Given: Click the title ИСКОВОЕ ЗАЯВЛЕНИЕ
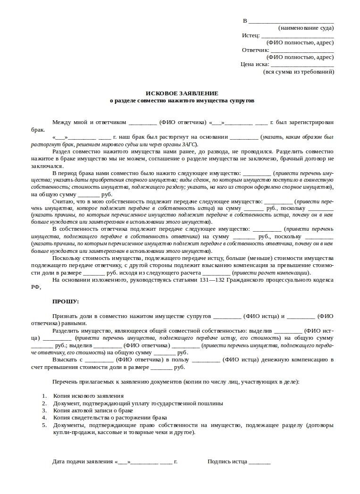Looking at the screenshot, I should [182, 93].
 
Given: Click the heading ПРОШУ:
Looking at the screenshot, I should [66, 301].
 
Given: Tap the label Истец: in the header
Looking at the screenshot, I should [251, 35].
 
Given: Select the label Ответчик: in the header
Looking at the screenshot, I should [255, 50].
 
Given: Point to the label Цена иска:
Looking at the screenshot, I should [254, 64].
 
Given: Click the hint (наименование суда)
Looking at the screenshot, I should [306, 28].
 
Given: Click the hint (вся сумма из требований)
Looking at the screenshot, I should [298, 72].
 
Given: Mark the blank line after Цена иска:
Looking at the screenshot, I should [302, 65].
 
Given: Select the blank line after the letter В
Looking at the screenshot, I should [291, 21].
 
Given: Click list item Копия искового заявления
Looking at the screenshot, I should [88, 396].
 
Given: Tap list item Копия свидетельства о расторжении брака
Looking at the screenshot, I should [110, 418].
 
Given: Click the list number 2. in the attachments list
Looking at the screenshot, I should [44, 403].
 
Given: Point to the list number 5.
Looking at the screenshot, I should [44, 425].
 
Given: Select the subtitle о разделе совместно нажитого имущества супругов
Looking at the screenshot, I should [182, 100].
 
